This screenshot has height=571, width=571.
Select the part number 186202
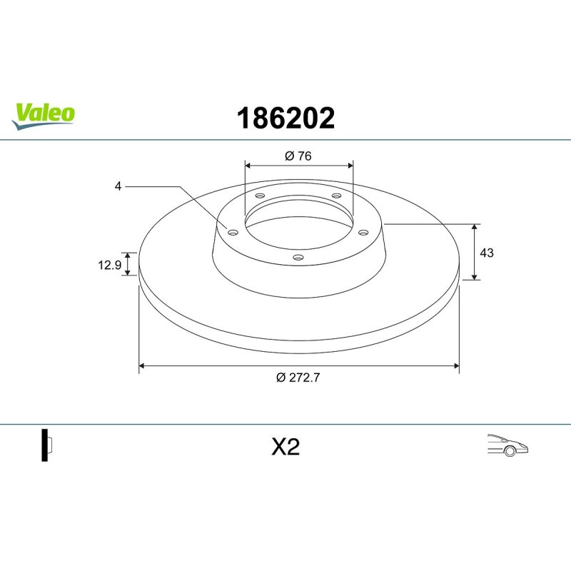(285, 118)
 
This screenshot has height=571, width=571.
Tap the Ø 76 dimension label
(298, 156)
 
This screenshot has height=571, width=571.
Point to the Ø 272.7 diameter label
(298, 378)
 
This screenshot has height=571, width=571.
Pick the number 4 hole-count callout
(118, 186)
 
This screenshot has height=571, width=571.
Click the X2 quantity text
(285, 448)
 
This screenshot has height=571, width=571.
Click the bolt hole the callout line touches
(232, 231)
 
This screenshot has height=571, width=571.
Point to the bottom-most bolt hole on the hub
(298, 258)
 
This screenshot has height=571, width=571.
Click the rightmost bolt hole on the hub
(363, 231)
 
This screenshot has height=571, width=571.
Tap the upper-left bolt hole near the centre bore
(260, 196)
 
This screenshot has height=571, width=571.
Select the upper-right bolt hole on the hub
(336, 196)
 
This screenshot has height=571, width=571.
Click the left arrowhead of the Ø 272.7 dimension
(141, 365)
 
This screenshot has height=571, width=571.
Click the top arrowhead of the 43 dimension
(475, 227)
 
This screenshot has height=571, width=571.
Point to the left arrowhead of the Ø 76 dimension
(248, 164)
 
